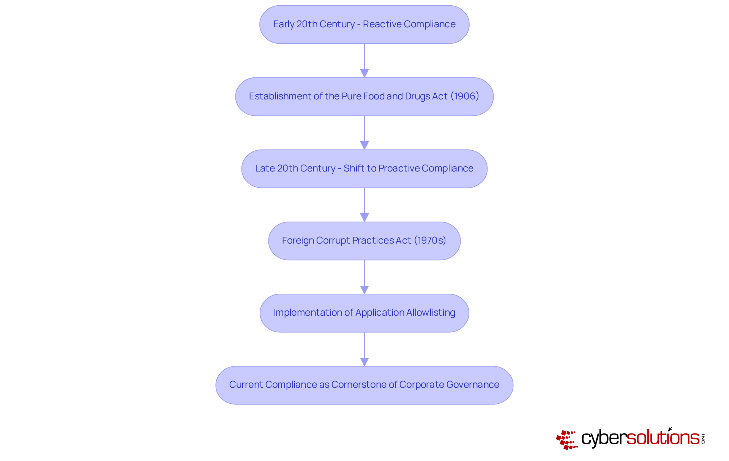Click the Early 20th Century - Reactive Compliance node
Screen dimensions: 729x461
pos(364,24)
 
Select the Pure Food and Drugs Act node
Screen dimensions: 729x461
pos(364,96)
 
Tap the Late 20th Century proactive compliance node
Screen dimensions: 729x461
pos(364,168)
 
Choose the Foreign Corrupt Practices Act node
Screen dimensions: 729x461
pos(364,241)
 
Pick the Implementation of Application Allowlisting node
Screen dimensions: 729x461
pos(364,313)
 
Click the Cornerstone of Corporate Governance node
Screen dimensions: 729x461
pos(364,385)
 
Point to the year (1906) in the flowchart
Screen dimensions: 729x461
pos(465,96)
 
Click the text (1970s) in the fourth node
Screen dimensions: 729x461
pos(430,241)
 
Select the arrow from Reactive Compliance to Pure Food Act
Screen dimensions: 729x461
pos(364,60)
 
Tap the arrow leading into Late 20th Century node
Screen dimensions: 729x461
pos(364,132)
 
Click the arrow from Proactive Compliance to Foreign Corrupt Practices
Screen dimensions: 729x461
pos(364,204)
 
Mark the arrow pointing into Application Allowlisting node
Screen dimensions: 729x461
pos(364,276)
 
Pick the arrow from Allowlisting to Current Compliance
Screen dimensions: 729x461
pos(364,348)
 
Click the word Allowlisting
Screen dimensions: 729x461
pos(431,313)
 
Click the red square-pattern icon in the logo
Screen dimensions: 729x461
pos(566,440)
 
